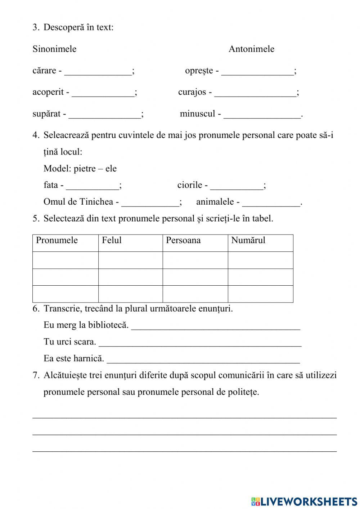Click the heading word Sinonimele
tap(54, 49)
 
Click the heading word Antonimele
tap(251, 49)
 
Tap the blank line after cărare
tap(98, 71)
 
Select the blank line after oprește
tap(257, 71)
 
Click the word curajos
tap(192, 92)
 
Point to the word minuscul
tap(197, 114)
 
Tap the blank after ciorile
tap(237, 186)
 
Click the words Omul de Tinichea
tap(78, 202)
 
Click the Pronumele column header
tap(57, 240)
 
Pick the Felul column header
tap(112, 240)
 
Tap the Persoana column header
tap(183, 240)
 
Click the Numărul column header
tap(248, 240)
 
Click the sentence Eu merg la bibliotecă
tap(86, 325)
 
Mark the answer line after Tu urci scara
tap(200, 343)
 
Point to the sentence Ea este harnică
tap(73, 358)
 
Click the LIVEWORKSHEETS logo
tap(304, 501)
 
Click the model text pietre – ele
tap(95, 169)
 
